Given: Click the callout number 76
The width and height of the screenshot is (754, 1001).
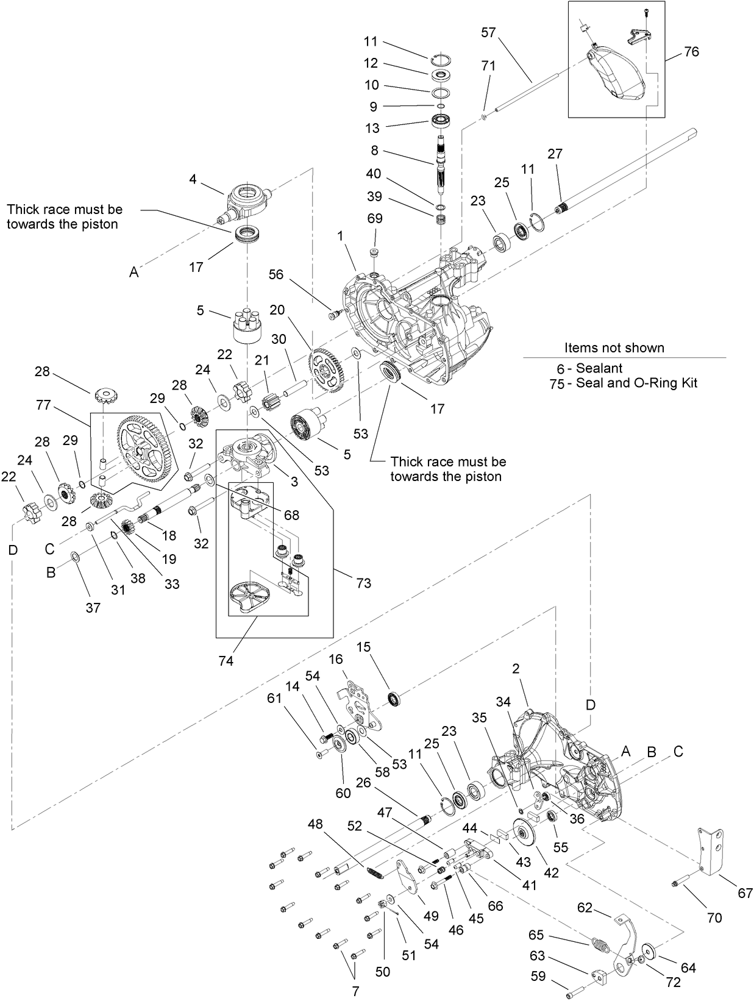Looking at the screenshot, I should click(x=691, y=52).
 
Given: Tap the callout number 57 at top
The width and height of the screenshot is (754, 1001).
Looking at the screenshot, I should click(x=489, y=32).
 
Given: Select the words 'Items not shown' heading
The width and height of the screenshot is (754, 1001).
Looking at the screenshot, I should click(x=614, y=348).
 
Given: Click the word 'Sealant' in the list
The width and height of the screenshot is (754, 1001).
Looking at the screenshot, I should click(x=599, y=368).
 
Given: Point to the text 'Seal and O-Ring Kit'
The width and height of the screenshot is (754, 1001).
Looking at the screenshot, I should click(x=636, y=383).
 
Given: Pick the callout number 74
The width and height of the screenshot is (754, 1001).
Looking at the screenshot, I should click(x=226, y=661).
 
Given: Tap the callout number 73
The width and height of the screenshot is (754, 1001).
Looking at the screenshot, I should click(x=363, y=583).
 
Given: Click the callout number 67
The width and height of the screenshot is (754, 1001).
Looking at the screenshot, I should click(x=745, y=893).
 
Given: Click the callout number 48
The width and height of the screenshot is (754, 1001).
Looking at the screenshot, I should click(x=315, y=824).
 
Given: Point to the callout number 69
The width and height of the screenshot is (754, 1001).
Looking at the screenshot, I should click(x=374, y=218).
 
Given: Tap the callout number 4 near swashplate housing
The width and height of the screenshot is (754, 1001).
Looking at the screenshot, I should click(x=193, y=179).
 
